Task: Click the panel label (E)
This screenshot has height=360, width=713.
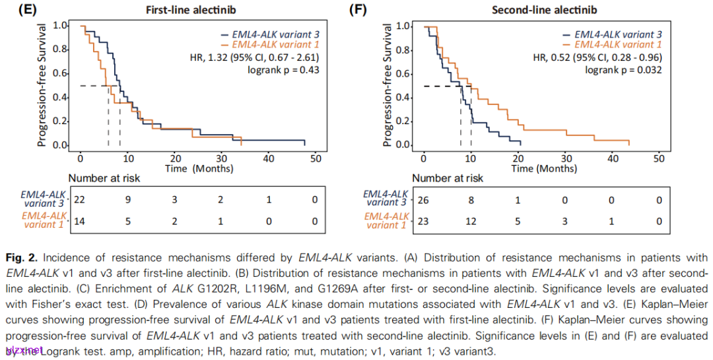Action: [x=16, y=10]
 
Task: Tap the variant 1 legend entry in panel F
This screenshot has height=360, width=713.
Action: [x=617, y=45]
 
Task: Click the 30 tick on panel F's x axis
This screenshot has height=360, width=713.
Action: [x=564, y=159]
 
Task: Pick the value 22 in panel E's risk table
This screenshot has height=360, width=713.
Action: [x=81, y=198]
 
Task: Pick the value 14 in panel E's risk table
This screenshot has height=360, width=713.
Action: [x=81, y=221]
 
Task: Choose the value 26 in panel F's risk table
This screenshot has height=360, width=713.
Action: [x=423, y=198]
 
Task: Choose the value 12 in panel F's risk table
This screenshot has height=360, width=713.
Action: [x=470, y=221]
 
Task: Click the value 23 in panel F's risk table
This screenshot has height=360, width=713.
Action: [x=423, y=221]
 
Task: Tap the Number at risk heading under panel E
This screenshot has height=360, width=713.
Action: [x=104, y=178]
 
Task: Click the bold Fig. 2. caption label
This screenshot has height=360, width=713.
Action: [x=20, y=256]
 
